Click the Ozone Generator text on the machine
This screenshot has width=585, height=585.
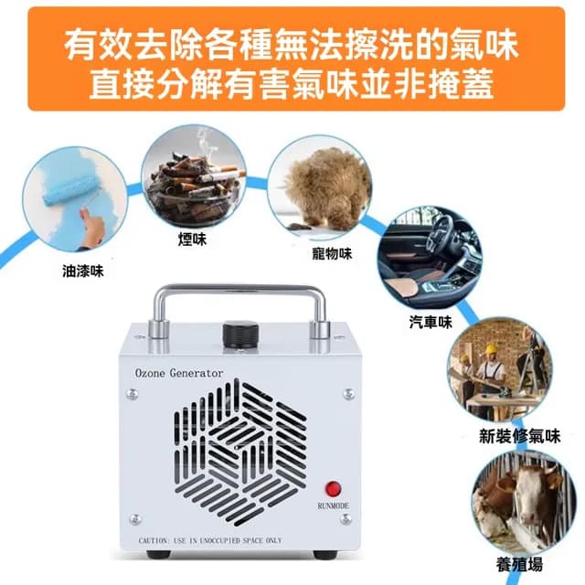178,373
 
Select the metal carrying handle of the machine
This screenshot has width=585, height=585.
240,293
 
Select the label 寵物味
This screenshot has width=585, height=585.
332,253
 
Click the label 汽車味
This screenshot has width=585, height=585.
431,322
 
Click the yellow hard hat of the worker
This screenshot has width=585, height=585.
491,348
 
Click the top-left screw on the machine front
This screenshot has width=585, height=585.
134,395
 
